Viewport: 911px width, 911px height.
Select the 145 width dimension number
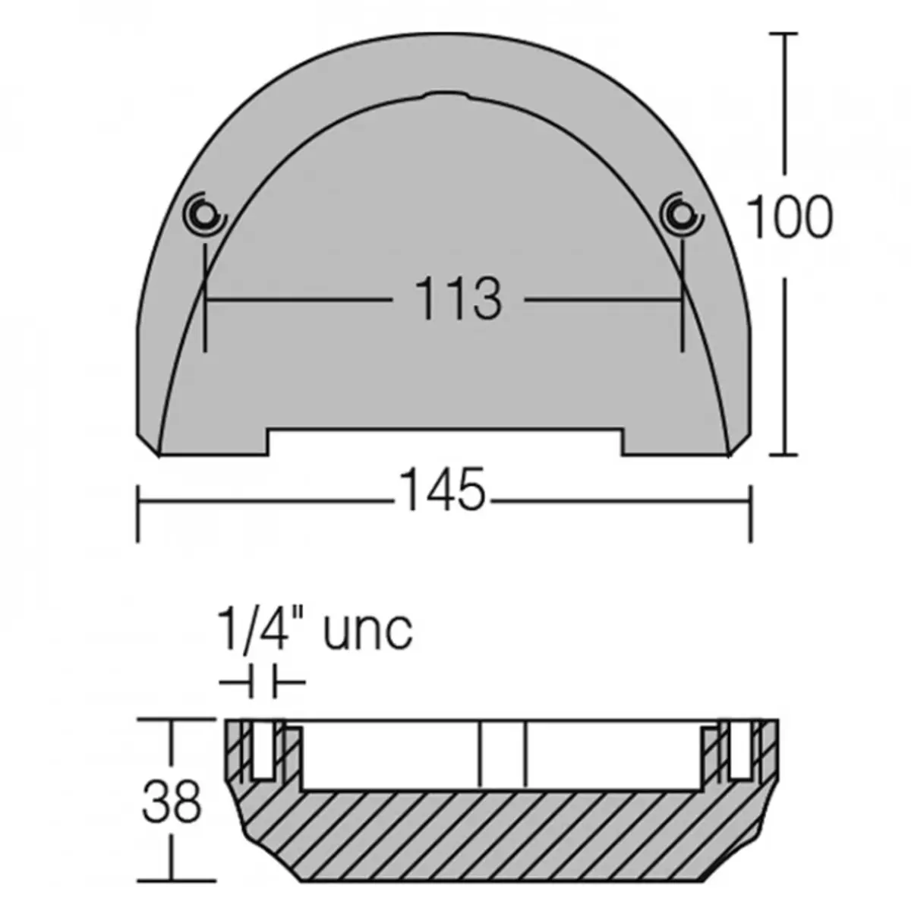(442, 490)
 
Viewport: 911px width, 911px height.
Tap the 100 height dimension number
(790, 217)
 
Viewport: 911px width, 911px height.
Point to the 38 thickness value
(172, 802)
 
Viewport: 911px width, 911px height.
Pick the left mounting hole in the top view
(204, 216)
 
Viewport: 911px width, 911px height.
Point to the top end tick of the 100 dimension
(784, 33)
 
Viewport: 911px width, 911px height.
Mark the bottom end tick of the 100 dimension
(784, 455)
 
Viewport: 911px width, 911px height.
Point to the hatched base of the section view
(501, 835)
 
